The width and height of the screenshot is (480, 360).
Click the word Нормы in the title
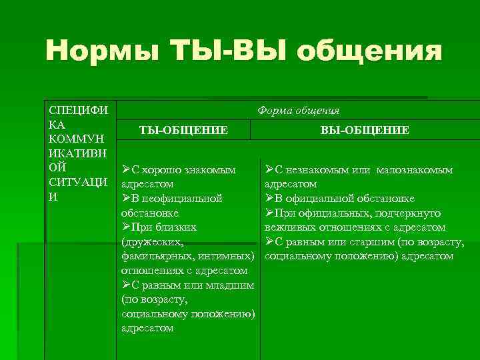[x=103, y=51]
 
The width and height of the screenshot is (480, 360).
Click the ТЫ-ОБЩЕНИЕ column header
[x=183, y=130]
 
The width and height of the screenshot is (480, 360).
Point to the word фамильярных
[x=159, y=256]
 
